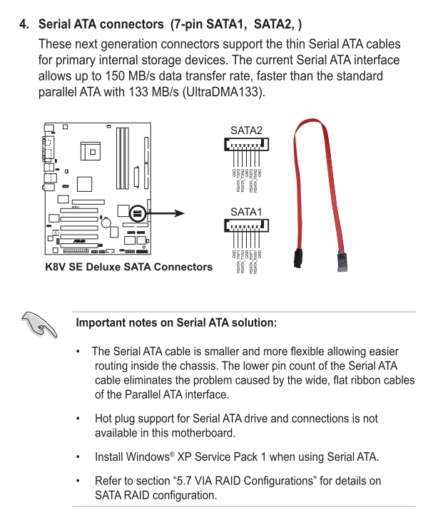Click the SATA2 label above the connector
pos(246,130)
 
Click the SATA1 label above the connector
pos(246,212)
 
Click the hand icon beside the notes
pos(39,325)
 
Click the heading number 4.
pos(24,24)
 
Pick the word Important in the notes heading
pos(104,322)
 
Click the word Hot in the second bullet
pos(104,419)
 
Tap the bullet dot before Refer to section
pos(77,481)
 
